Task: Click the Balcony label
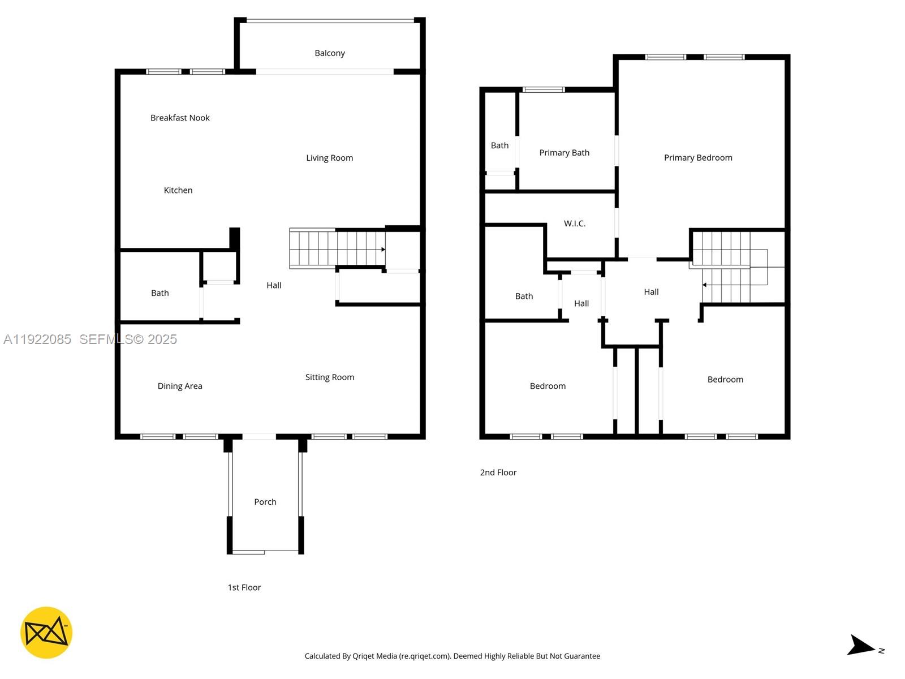[330, 53]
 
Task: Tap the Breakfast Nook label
[180, 118]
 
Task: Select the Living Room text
[329, 158]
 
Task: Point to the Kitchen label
[178, 190]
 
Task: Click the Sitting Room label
[330, 377]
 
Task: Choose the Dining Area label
[180, 386]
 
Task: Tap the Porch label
[265, 502]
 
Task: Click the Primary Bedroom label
[698, 158]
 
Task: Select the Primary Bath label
[564, 153]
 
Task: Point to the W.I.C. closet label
[575, 224]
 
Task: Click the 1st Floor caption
[244, 587]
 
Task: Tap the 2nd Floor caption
[498, 472]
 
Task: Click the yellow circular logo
[46, 633]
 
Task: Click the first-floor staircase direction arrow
[383, 250]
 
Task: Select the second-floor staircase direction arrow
[704, 285]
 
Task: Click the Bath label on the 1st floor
[160, 293]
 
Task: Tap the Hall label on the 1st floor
[274, 285]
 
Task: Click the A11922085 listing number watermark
[37, 339]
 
